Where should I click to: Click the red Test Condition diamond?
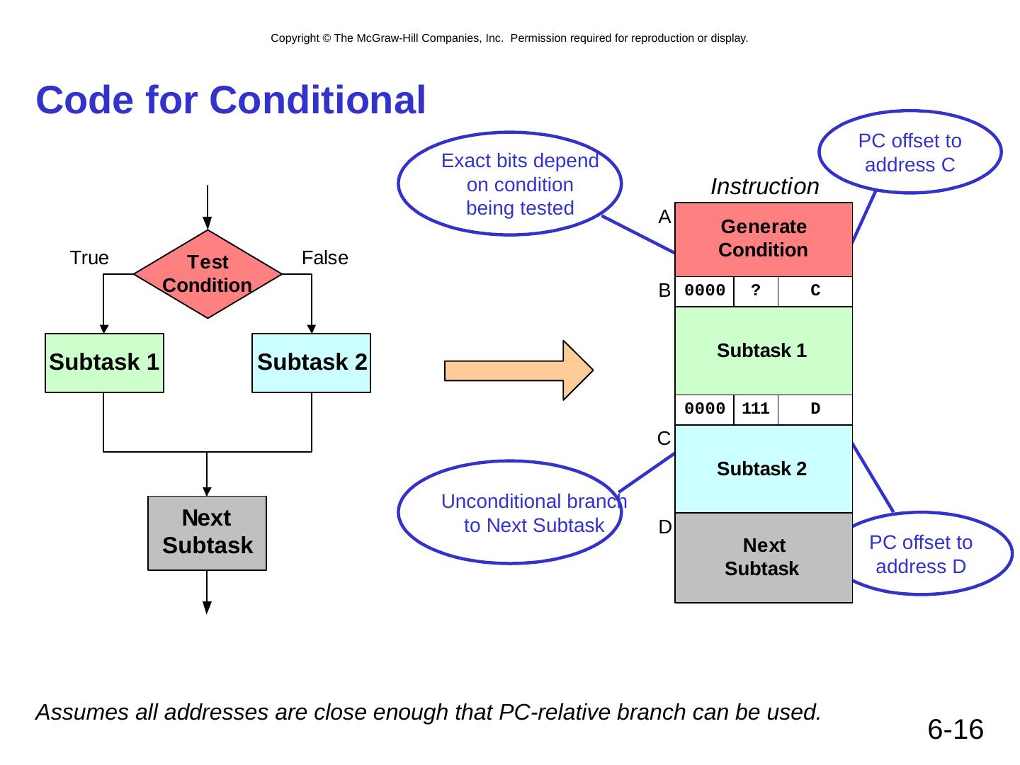tap(208, 273)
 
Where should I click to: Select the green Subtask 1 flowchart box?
tap(104, 363)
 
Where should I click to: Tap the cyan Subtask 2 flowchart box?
tap(312, 363)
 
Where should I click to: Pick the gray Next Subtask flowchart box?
tap(207, 533)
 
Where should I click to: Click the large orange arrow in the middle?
tap(518, 370)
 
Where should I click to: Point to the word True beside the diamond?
tap(89, 258)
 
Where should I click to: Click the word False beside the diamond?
tap(325, 258)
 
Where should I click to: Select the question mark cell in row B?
tap(756, 291)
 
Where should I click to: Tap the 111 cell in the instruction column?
tap(756, 409)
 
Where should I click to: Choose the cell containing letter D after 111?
tap(815, 409)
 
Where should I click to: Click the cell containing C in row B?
tap(815, 291)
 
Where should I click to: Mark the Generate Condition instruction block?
tap(764, 239)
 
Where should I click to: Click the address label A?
tap(664, 217)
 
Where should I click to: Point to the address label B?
tap(664, 291)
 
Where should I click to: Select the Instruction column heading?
tap(764, 186)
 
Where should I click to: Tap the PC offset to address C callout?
tap(909, 152)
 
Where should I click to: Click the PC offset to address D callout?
tap(921, 554)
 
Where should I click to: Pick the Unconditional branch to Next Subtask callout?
tap(510, 513)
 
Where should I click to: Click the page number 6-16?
tap(956, 729)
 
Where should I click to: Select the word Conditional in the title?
tap(318, 100)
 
